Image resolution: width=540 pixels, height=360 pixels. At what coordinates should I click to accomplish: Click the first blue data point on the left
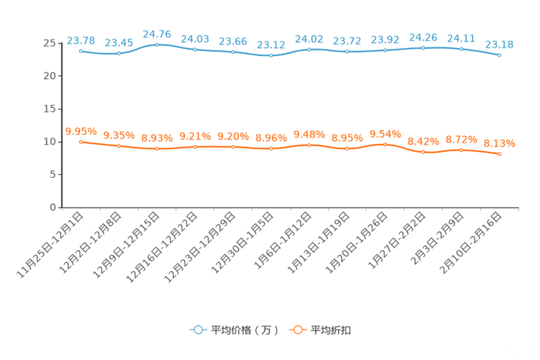click(81, 51)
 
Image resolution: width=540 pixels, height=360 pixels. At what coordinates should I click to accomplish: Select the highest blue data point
click(157, 44)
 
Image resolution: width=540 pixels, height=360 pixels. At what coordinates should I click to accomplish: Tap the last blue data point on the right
click(499, 54)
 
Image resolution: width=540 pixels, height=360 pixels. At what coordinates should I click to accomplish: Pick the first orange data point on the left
click(81, 142)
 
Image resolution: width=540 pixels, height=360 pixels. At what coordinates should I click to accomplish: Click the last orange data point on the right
click(499, 154)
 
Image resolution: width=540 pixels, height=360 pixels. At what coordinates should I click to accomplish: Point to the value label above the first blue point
click(81, 40)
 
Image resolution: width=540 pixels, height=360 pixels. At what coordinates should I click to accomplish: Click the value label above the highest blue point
click(157, 33)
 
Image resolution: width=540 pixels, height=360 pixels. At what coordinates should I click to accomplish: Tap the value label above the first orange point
click(81, 131)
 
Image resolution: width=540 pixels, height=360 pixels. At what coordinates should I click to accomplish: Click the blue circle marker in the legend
click(197, 330)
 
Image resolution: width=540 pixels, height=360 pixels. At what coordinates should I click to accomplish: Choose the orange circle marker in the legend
click(298, 330)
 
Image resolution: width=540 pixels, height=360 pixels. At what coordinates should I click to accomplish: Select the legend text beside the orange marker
click(332, 330)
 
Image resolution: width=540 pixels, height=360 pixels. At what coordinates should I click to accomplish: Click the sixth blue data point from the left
click(271, 56)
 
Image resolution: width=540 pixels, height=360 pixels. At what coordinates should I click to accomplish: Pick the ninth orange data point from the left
click(385, 144)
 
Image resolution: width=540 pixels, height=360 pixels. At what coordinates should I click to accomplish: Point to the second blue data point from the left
click(118, 53)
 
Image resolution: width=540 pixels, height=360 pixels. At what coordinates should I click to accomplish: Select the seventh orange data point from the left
click(309, 145)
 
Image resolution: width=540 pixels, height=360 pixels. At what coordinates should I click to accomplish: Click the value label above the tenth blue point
click(423, 37)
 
